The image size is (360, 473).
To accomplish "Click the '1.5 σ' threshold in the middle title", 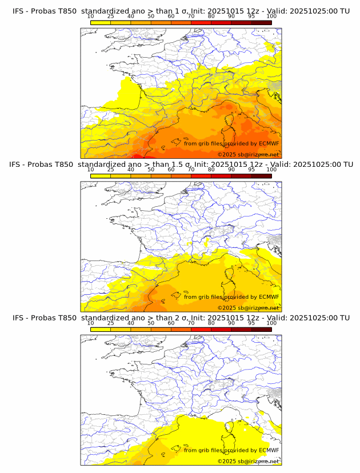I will (183, 165).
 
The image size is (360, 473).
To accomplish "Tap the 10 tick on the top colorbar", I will (91, 17).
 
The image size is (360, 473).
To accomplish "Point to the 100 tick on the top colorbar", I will (271, 17).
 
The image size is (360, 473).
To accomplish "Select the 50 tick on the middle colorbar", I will (151, 170).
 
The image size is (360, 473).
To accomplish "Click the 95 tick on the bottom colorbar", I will (251, 323).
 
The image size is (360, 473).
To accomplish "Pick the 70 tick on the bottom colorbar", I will (191, 323).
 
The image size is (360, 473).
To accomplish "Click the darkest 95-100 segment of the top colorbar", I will (261, 22).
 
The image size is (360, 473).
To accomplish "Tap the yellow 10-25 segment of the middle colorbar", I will (101, 175).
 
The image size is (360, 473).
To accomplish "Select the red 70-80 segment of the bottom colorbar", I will (201, 329).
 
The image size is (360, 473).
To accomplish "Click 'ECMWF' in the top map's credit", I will (269, 143).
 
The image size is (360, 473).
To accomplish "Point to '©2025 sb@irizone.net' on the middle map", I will (248, 308).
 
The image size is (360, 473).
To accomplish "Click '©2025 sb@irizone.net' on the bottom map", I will (248, 461).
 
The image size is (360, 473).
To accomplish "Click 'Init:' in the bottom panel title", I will (202, 318).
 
